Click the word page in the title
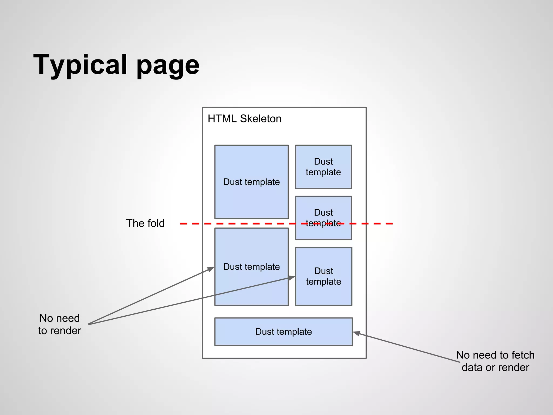pos(168,66)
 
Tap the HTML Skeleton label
pos(244,119)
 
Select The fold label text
pos(145,223)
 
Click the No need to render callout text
pos(59,324)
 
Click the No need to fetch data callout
pos(495,361)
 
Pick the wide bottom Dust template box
pos(284,332)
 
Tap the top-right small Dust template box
pos(323,167)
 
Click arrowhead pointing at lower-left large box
pos(211,269)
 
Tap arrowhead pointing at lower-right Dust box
pos(292,277)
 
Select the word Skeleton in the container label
pos(261,119)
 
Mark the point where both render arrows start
pos(89,324)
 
